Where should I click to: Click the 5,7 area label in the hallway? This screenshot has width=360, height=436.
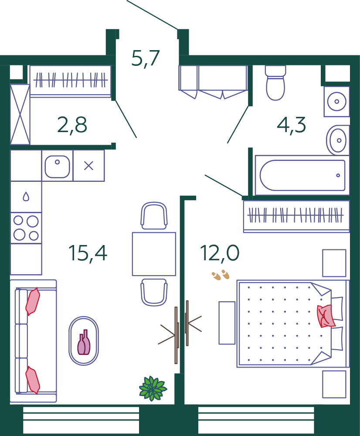[146, 58]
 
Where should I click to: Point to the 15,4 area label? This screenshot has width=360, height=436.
[88, 253]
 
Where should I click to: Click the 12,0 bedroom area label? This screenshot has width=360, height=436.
[220, 253]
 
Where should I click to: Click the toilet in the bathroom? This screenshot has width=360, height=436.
[275, 82]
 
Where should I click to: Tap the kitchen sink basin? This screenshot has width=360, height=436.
[57, 166]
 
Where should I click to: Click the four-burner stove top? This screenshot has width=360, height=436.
[26, 228]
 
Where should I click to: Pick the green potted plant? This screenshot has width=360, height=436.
[153, 388]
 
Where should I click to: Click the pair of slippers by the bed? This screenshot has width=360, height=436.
[221, 275]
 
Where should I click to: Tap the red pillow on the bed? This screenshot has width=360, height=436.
[326, 316]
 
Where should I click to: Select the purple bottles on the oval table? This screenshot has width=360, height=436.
[84, 342]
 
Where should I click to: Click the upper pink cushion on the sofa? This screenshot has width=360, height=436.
[33, 301]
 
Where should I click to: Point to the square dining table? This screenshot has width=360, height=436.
[154, 254]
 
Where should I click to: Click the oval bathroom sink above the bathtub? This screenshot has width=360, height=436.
[336, 140]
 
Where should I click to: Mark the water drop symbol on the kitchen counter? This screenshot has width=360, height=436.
[26, 197]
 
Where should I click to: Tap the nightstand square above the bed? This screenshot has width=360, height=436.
[334, 263]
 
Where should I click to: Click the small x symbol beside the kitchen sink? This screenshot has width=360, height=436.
[88, 166]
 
